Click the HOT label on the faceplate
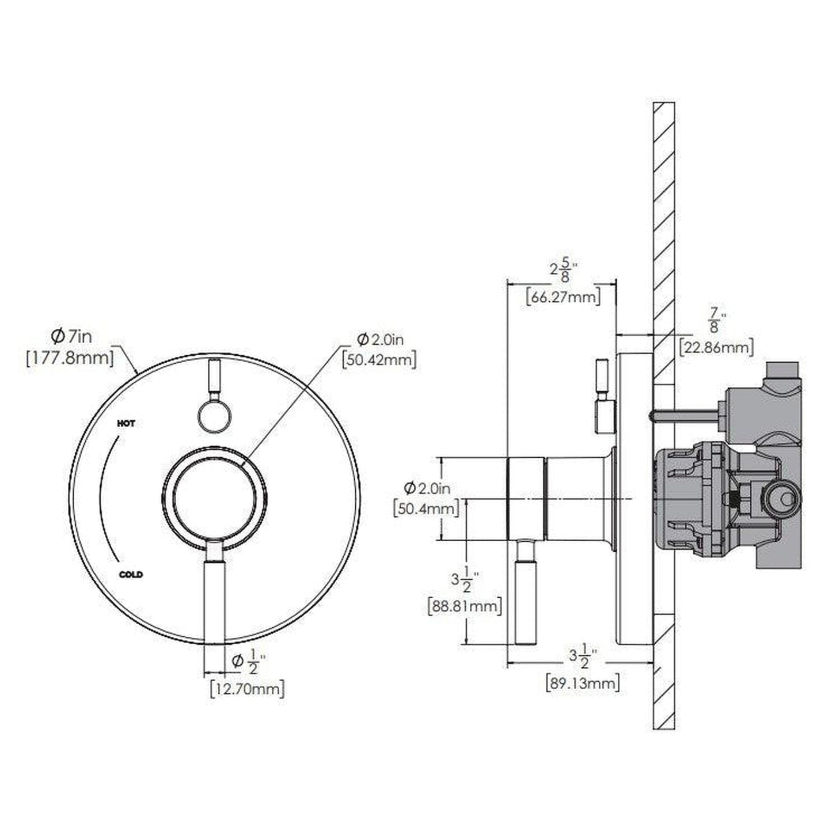coord(126,423)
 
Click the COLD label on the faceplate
coord(131,575)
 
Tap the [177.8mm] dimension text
coord(70,358)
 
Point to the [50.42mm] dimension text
coord(379,360)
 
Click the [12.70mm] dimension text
coord(247,688)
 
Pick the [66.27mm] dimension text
coord(563,298)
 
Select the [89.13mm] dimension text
coord(582,683)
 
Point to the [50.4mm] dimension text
coord(427,509)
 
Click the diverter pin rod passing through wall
coord(685,412)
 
